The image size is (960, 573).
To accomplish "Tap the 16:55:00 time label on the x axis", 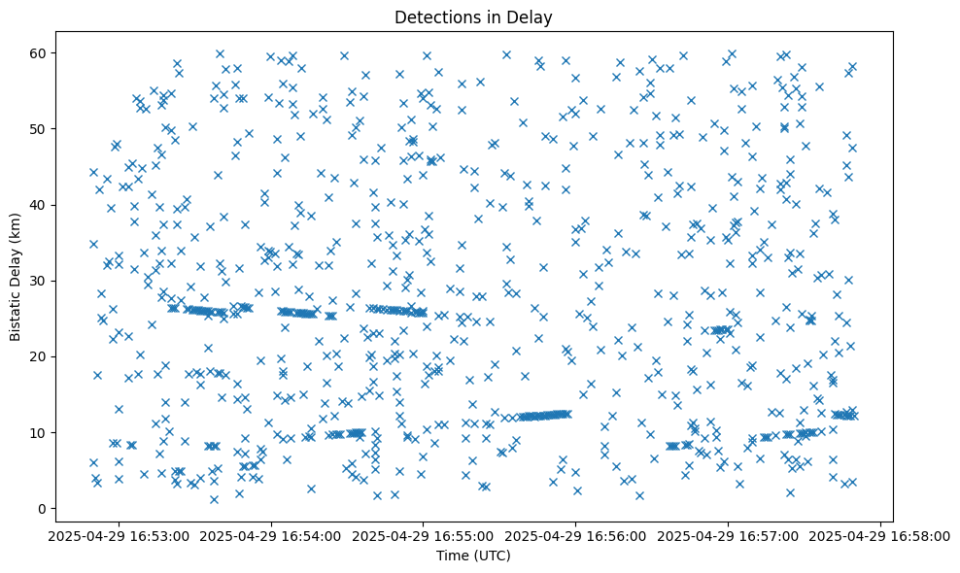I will point(424,535).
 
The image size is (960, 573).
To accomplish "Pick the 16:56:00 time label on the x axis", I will point(576,535).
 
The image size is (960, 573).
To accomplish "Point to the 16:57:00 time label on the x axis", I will point(729,535).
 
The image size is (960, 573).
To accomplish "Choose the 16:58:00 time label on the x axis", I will point(880,535).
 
